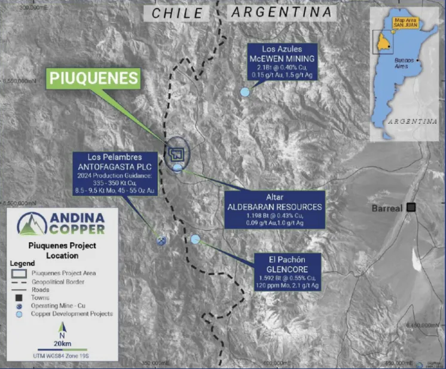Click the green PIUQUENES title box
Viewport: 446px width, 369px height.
(x=94, y=78)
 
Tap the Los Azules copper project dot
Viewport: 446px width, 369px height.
(x=245, y=92)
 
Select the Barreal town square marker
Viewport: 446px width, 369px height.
(x=411, y=208)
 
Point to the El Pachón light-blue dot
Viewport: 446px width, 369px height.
(x=195, y=239)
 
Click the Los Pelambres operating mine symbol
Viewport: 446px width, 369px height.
(x=161, y=240)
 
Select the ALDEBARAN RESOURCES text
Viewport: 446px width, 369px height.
(x=274, y=207)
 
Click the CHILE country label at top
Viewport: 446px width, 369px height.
(x=176, y=13)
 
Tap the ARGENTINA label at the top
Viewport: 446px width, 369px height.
(x=281, y=12)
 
